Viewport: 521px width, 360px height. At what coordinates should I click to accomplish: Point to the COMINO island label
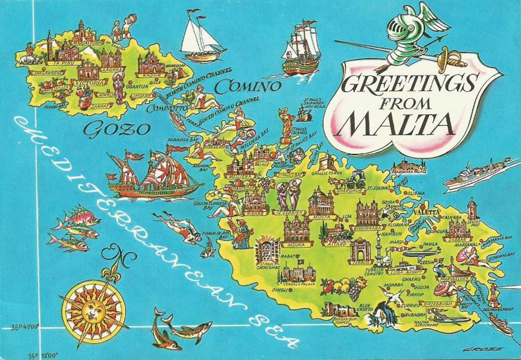point(248,87)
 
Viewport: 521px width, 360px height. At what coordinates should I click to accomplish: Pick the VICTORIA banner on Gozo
point(91,81)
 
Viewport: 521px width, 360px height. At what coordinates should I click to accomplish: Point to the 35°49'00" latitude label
point(25,327)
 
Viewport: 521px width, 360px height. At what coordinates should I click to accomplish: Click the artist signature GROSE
point(488,349)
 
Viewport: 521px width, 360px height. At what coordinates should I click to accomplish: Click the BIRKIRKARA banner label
point(368,229)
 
